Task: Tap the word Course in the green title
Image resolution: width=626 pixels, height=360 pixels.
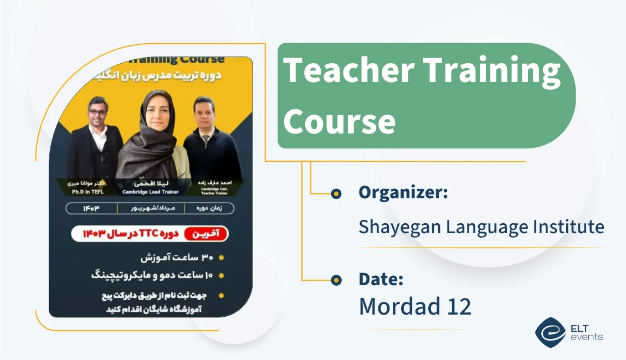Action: click(x=340, y=121)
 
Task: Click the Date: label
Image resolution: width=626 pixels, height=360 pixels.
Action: click(x=381, y=279)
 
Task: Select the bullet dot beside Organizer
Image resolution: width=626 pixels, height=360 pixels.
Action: click(x=336, y=193)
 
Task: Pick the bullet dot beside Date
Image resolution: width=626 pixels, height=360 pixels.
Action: click(x=336, y=280)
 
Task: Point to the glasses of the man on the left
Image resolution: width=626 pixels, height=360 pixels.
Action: click(x=98, y=111)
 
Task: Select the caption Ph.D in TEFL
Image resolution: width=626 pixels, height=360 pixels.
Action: click(x=88, y=192)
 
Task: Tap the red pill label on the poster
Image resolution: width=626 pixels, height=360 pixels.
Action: click(x=206, y=234)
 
